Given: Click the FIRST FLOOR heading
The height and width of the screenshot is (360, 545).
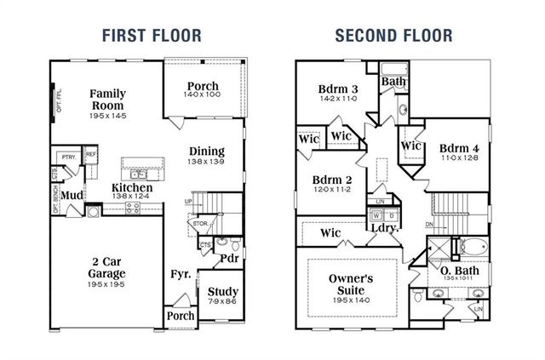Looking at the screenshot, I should pyautogui.click(x=152, y=36).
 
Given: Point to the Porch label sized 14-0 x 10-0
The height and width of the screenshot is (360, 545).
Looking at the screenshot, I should pyautogui.click(x=203, y=87).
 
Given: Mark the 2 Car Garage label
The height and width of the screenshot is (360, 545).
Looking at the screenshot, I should pyautogui.click(x=108, y=267).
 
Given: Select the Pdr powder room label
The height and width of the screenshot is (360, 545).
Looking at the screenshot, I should pyautogui.click(x=228, y=258).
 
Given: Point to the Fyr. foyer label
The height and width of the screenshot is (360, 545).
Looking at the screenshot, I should pyautogui.click(x=179, y=274).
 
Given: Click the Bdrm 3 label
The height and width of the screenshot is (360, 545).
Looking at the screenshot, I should pyautogui.click(x=338, y=89).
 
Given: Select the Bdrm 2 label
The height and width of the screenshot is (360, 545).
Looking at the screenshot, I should pyautogui.click(x=331, y=180).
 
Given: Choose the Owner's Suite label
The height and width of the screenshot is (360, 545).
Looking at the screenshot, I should pyautogui.click(x=352, y=284).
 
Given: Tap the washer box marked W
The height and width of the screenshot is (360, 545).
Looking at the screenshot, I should pyautogui.click(x=374, y=214).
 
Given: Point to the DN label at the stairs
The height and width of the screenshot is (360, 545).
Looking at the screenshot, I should pyautogui.click(x=431, y=225).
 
